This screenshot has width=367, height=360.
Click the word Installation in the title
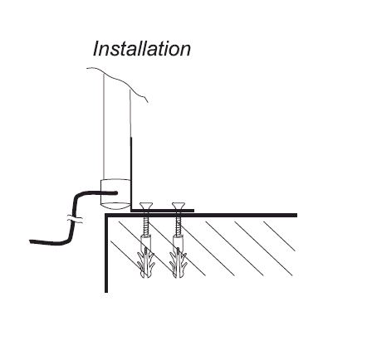[x=142, y=49]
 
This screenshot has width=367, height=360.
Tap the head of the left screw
[x=146, y=206]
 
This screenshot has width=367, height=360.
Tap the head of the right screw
[x=179, y=206]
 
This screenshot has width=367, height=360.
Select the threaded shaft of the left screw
[x=146, y=225]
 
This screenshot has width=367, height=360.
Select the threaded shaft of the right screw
[x=178, y=225]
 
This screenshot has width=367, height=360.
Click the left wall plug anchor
[x=146, y=256]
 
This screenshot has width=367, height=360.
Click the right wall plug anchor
[x=178, y=256]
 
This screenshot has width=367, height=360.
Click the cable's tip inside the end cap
[x=116, y=192]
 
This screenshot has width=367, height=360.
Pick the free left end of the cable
[x=31, y=241]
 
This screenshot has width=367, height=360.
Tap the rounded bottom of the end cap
[x=115, y=206]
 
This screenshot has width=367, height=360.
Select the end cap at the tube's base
[x=115, y=194]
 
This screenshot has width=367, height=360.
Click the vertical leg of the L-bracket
[x=131, y=173]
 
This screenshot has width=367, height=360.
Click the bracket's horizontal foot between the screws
[x=162, y=211]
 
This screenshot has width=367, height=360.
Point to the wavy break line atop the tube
[x=117, y=83]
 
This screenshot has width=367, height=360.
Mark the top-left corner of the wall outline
[x=106, y=215]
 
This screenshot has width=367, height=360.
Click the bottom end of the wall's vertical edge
[x=106, y=292]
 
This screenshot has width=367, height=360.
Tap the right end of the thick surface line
[x=296, y=215]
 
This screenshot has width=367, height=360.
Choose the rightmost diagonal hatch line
[x=279, y=236]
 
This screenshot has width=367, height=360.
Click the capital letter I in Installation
[x=96, y=49]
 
